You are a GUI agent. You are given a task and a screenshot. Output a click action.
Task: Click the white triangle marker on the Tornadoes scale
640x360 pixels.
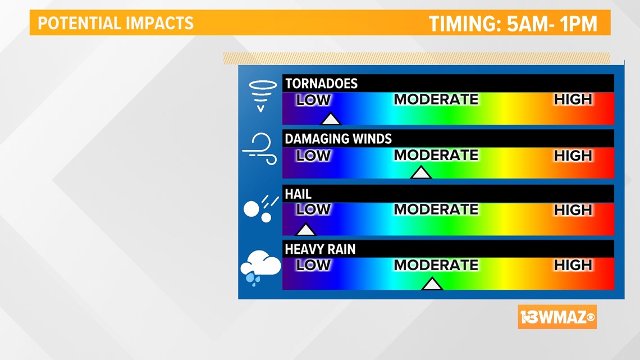point(330,119)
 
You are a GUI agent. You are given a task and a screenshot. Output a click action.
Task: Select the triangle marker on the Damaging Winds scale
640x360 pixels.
point(421,173)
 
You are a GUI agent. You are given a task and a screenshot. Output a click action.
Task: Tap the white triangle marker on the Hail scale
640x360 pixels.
point(305,230)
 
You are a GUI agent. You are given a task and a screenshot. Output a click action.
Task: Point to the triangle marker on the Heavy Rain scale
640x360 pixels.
point(432,284)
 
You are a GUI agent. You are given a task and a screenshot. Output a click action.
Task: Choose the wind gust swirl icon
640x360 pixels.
point(260,149)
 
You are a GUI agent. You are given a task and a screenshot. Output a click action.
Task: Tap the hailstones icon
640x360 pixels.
point(260,209)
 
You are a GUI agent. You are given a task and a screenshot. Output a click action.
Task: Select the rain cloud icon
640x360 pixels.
point(260,268)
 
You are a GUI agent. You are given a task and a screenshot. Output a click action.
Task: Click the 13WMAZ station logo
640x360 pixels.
point(557,317)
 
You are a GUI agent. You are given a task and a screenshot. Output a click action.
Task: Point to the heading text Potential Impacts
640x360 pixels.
point(116,23)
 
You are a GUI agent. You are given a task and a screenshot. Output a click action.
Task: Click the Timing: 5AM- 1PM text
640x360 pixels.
point(513,24)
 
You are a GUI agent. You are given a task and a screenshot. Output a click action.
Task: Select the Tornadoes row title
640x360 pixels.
point(321,84)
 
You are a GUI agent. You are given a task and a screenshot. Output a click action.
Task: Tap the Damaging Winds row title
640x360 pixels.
point(338,139)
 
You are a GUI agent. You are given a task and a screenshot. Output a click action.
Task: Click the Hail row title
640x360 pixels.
point(298,194)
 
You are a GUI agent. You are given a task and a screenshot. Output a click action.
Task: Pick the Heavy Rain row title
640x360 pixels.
point(320,249)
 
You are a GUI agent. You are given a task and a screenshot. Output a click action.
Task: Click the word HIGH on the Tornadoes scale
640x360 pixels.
point(573,99)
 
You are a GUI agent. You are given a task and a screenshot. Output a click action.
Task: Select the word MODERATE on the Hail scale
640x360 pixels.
point(436,209)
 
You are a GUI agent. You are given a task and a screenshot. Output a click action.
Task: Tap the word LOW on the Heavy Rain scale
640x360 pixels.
point(313,265)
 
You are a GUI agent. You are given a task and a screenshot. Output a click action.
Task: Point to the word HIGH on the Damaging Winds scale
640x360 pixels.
point(573,156)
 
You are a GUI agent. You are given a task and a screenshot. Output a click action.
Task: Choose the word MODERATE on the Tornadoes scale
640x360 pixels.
point(436,99)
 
